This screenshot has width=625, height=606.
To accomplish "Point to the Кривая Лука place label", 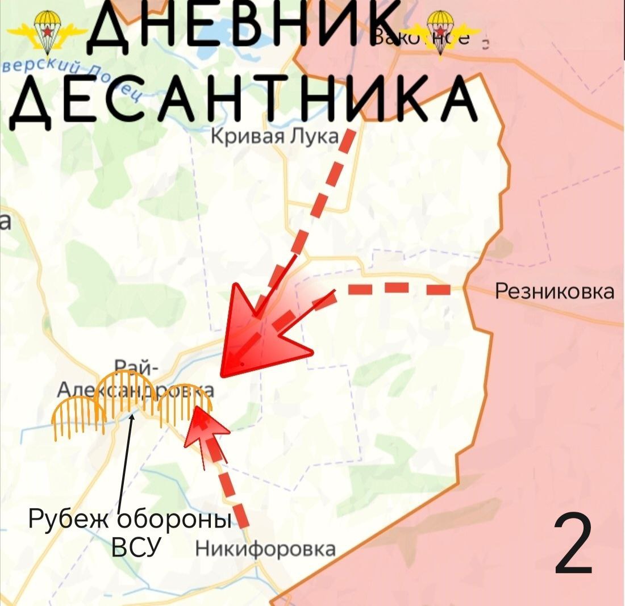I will [x=275, y=137].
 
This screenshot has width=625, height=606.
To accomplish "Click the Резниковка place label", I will [x=555, y=291].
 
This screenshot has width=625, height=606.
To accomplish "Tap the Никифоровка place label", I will [x=265, y=549].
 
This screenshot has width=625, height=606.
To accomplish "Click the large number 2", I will [x=574, y=544].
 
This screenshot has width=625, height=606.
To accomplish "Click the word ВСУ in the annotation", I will [x=137, y=548].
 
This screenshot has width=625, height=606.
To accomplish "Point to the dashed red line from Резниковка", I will [x=398, y=290].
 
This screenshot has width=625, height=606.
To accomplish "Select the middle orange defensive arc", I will [x=125, y=392].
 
